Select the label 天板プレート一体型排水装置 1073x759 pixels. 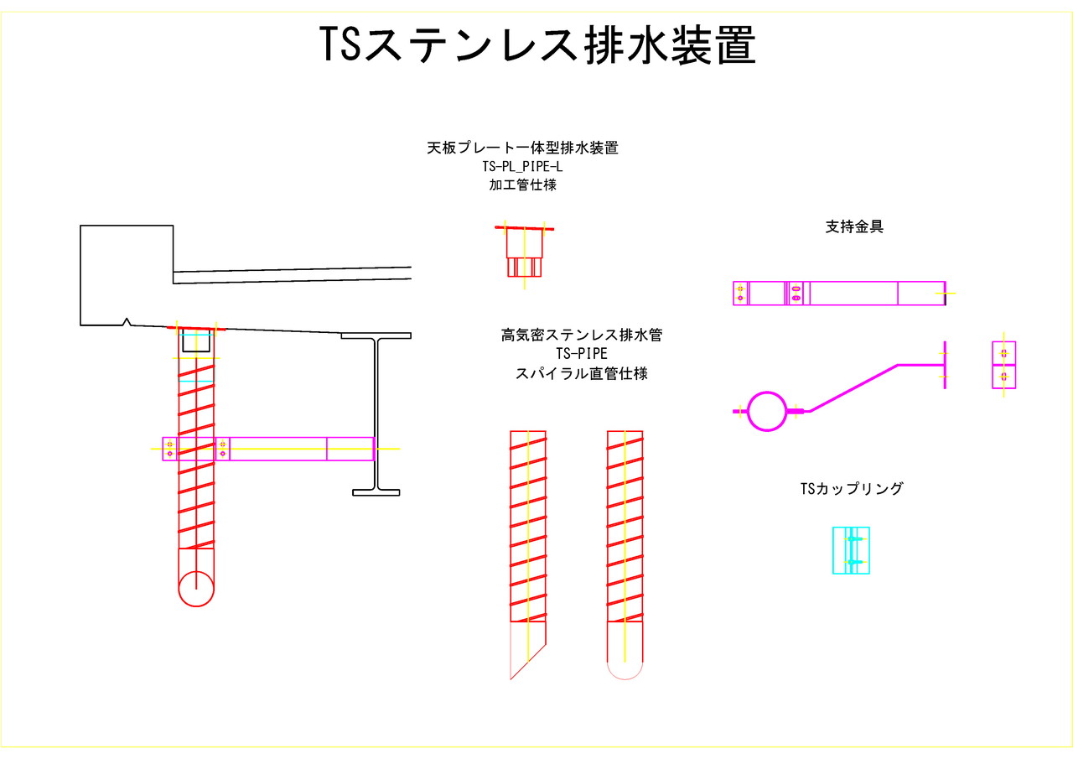click(x=522, y=148)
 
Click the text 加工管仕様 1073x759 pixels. click(x=522, y=185)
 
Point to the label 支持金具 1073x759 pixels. click(x=854, y=226)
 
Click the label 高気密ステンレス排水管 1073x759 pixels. click(x=581, y=335)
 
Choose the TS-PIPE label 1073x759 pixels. click(x=581, y=354)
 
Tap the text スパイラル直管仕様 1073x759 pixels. click(x=581, y=373)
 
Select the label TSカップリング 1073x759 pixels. click(x=852, y=488)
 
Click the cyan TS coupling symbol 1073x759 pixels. click(x=851, y=550)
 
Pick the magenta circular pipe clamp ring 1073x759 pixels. click(x=766, y=411)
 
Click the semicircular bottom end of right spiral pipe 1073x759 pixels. click(x=625, y=670)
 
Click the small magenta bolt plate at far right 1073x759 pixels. click(x=1003, y=365)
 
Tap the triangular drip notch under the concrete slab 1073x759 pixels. click(x=126, y=320)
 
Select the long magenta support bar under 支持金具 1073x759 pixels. click(x=839, y=294)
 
